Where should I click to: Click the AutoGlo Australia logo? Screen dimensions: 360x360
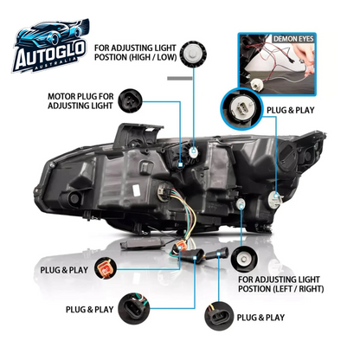pos(51,46)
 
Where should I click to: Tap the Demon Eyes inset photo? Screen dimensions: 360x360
pos(277,64)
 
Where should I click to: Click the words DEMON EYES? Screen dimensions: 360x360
pos(293,39)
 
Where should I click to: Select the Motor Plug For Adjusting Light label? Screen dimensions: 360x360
pos(80,101)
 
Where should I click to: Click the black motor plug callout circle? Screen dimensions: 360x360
pos(130,100)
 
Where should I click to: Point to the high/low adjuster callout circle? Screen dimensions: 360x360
pos(194,54)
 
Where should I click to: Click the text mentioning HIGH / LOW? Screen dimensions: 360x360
pos(135,53)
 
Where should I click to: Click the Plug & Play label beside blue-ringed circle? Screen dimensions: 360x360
pos(290,110)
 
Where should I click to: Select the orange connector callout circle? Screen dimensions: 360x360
pos(106,268)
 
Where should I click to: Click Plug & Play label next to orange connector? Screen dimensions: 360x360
pos(64,270)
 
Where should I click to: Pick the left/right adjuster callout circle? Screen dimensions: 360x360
pos(244,260)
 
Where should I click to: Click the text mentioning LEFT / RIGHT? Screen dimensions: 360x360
pos(281,284)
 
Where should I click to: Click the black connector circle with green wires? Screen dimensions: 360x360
pos(134,308)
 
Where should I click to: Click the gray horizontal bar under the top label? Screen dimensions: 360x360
pos(180,78)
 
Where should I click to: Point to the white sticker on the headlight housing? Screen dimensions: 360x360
pos(136,190)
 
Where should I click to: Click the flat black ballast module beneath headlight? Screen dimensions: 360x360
pos(143,245)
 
